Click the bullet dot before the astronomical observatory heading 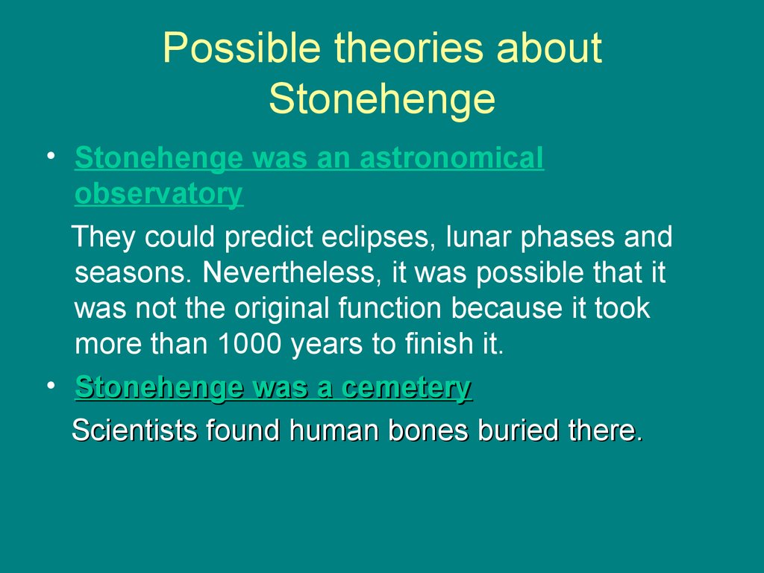coord(51,156)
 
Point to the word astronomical coord(451,158)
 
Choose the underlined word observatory coord(159,194)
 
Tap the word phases coord(567,238)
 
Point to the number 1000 coord(249,343)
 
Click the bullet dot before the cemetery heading coord(51,386)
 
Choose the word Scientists coord(134,430)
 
